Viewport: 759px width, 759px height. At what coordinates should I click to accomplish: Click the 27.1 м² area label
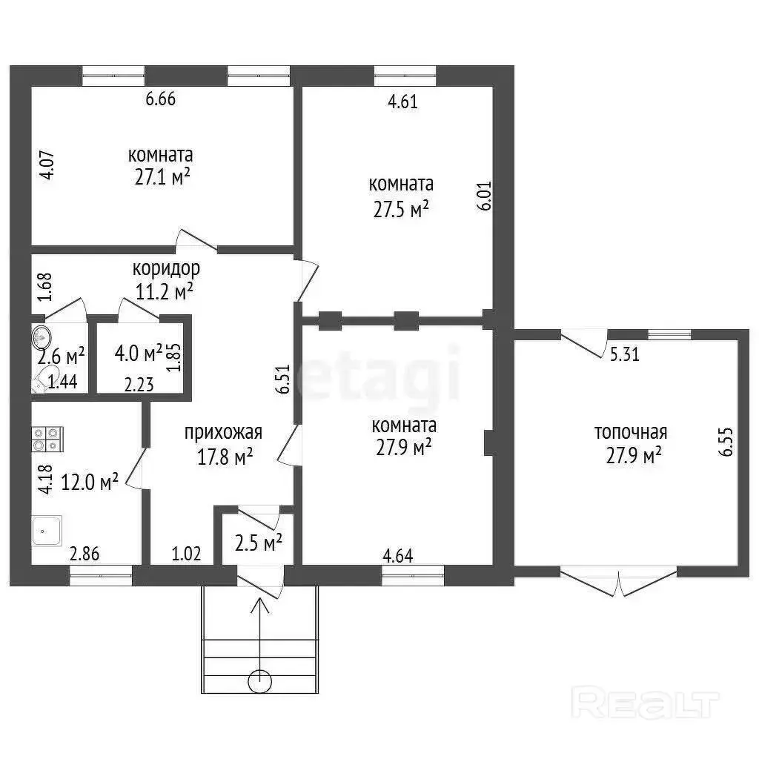coord(162,177)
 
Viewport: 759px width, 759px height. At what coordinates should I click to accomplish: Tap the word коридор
coord(166,268)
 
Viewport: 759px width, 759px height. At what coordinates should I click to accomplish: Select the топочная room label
coord(631,432)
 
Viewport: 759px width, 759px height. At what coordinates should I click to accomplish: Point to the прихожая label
coord(223,433)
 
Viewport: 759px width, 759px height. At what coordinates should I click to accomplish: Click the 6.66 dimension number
coord(161,99)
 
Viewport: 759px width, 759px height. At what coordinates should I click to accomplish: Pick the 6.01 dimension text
coord(485,196)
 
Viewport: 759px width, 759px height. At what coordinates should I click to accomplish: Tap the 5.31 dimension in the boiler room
coord(624,354)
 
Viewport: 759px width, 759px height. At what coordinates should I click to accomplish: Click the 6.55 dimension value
coord(726,442)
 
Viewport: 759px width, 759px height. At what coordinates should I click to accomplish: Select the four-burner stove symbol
coord(47,439)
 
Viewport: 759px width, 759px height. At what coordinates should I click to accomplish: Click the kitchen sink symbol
coord(47,531)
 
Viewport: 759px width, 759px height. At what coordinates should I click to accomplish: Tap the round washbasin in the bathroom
coord(42,336)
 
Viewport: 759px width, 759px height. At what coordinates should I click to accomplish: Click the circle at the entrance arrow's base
coord(260,682)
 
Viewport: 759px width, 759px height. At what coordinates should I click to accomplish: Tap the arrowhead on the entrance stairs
coord(260,605)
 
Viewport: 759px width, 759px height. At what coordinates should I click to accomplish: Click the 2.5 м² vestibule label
coord(259,543)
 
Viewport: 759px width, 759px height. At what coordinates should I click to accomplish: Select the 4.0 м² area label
coord(139,354)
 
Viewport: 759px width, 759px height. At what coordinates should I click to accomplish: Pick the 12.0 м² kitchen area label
coord(90,482)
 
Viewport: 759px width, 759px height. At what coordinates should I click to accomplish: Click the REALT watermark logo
coord(646,702)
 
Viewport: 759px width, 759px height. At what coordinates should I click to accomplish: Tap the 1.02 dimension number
coord(186,554)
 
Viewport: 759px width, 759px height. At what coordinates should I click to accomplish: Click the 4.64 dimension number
coord(398,556)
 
